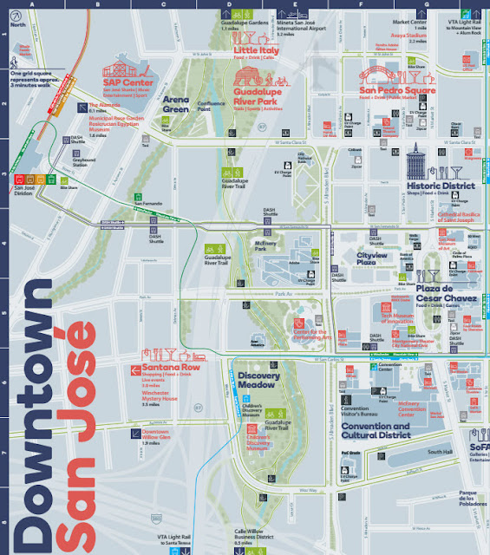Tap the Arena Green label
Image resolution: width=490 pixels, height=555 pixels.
tap(175, 104)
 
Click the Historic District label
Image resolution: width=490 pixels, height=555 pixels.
tap(441, 186)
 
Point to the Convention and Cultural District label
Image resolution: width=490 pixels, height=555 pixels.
tap(376, 431)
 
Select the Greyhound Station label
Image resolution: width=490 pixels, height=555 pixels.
tap(84, 160)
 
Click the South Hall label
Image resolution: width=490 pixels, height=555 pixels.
tap(440, 452)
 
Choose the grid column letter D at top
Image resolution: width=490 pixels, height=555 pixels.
tap(229, 3)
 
